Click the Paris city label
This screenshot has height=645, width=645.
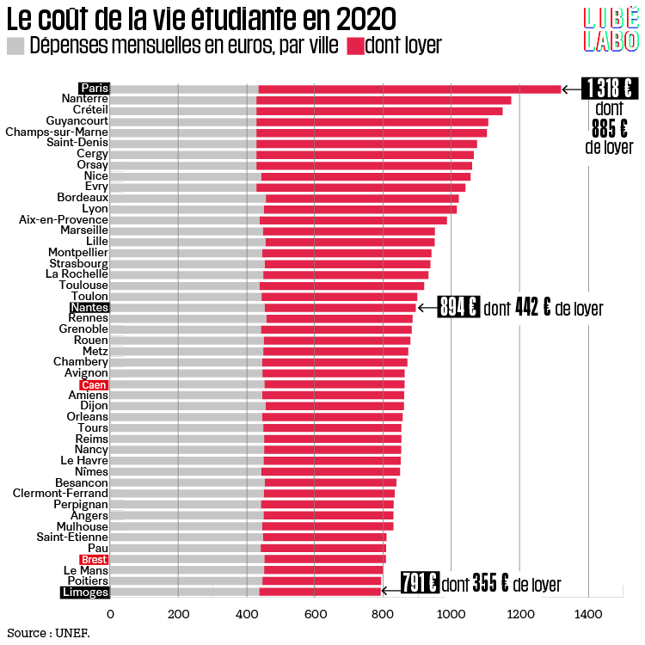tap(94, 89)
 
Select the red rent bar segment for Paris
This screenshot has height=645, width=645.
tap(409, 89)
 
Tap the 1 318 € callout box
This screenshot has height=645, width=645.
tap(609, 89)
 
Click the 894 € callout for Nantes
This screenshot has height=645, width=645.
tap(458, 308)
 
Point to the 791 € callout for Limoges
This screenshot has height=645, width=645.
tap(421, 584)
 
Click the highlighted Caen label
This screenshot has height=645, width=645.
tap(94, 384)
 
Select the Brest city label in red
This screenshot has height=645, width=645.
tap(94, 560)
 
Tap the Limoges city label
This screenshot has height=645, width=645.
tap(84, 593)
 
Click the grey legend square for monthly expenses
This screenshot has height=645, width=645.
tap(15, 46)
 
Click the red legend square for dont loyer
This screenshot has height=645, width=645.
tap(354, 46)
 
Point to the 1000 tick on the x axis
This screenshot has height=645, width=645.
tap(451, 614)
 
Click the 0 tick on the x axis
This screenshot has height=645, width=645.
tap(110, 614)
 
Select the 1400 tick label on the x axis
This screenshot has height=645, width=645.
tap(588, 614)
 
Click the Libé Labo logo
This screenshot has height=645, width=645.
tap(611, 30)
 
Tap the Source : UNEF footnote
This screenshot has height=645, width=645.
tap(46, 633)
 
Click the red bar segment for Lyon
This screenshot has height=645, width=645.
tap(360, 209)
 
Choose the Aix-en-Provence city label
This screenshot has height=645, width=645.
tap(64, 220)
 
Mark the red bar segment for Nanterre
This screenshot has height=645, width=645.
tap(384, 101)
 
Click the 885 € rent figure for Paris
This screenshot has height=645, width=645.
tap(609, 127)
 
